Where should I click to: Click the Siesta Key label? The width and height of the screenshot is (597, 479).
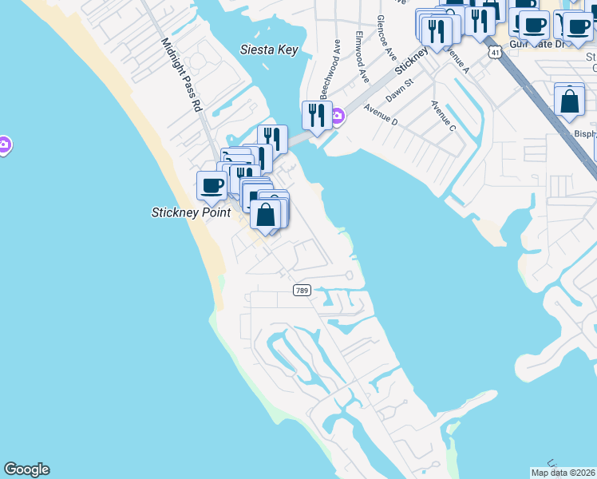[x=269, y=49]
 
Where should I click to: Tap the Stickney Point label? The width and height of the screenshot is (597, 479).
[x=191, y=212]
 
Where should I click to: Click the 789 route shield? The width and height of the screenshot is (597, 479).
[x=301, y=291]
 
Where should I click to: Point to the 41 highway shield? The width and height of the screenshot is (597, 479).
[x=496, y=52]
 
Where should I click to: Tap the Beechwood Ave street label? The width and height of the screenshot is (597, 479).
[x=326, y=64]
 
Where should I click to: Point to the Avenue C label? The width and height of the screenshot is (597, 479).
[x=443, y=117]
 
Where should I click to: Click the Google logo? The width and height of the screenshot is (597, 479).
[x=26, y=469]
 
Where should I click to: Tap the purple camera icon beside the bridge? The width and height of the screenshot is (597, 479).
[x=338, y=117]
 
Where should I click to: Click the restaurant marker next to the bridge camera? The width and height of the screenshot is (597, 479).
[x=316, y=115]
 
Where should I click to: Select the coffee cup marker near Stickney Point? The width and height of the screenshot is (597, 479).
[x=212, y=185]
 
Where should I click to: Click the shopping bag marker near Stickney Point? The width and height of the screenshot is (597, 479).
[x=265, y=214]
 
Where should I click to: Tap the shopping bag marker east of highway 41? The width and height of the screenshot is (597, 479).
[x=569, y=101]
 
